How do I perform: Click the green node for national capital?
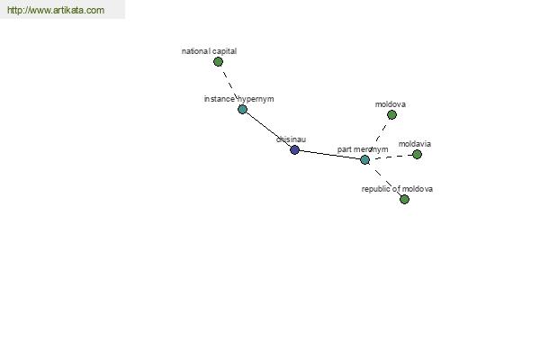[218, 62]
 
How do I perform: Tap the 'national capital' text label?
[209, 51]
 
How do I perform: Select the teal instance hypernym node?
[242, 110]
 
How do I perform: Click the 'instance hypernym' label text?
[239, 99]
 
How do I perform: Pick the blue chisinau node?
[294, 150]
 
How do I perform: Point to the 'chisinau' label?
[291, 139]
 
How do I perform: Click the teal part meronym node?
[364, 159]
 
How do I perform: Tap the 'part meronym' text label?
[363, 149]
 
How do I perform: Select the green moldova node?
[391, 114]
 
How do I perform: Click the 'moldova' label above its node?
[391, 104]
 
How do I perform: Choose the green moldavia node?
[417, 154]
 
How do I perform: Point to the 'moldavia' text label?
[415, 144]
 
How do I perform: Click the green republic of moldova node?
[404, 199]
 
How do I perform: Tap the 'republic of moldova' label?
[397, 189]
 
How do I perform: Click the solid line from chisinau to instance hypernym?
[268, 130]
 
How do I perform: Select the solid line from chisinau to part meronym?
[329, 155]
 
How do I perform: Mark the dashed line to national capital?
[230, 85]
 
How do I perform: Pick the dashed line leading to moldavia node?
[391, 157]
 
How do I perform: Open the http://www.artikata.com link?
[56, 10]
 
